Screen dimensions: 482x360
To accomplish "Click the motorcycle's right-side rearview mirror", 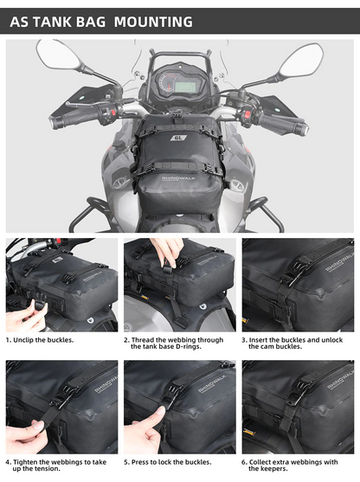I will [x=300, y=61].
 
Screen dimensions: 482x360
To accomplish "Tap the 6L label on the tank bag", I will [x=179, y=137].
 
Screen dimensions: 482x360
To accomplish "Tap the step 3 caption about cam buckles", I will [x=299, y=343].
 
